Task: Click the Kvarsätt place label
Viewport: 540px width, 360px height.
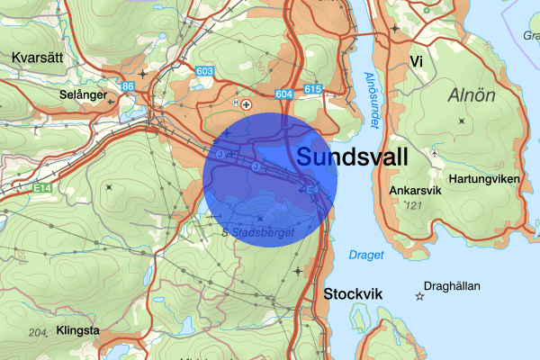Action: click(39, 57)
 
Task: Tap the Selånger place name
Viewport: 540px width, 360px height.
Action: click(84, 94)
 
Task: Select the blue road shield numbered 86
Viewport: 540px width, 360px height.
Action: click(128, 86)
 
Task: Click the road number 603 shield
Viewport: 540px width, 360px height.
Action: click(204, 72)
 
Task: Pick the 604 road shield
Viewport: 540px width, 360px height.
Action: click(285, 94)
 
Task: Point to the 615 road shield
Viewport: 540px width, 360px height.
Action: click(313, 89)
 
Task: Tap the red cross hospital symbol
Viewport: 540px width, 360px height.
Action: click(247, 104)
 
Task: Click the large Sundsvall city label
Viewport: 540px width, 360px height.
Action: click(352, 157)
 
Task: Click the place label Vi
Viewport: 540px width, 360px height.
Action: click(416, 61)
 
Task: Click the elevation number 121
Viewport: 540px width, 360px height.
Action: click(413, 207)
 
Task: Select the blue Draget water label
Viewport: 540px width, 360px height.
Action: click(366, 255)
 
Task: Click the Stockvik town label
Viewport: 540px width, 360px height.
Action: click(353, 294)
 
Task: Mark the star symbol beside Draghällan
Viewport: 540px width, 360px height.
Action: click(419, 295)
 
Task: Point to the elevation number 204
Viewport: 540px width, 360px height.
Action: click(38, 333)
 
